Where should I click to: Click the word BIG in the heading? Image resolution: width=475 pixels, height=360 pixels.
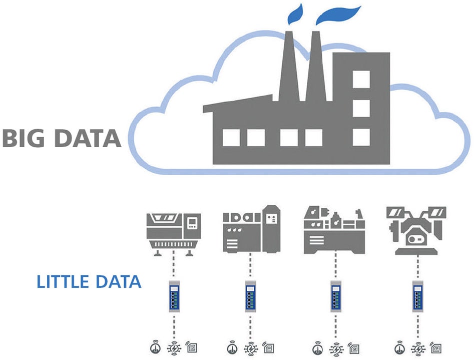coord(24,138)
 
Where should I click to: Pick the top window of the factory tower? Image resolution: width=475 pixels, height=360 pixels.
coord(361,79)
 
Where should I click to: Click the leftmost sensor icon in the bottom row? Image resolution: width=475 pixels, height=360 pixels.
coord(156,346)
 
